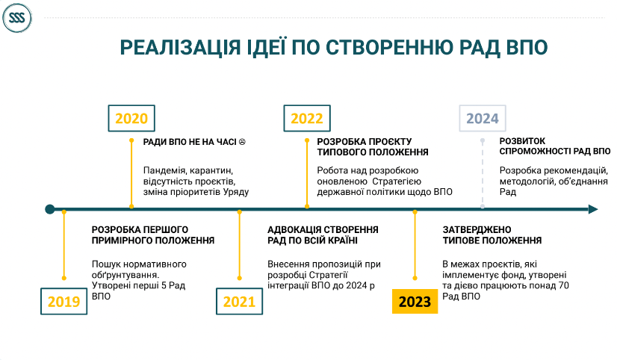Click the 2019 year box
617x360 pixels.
(x=63, y=302)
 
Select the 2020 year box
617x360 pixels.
(x=131, y=118)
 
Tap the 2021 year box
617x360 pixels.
(x=240, y=302)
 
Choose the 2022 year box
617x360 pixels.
(x=306, y=118)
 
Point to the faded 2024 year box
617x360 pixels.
(x=482, y=118)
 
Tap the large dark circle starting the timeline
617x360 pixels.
(x=50, y=209)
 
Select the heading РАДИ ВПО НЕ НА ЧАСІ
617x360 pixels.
(x=190, y=141)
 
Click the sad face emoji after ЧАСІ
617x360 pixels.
(x=242, y=141)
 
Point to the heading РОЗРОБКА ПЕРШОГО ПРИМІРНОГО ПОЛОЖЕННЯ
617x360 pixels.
(x=153, y=235)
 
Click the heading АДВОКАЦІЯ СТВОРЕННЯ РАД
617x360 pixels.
(x=323, y=235)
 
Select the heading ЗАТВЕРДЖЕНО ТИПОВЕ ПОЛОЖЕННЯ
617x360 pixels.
(x=491, y=235)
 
